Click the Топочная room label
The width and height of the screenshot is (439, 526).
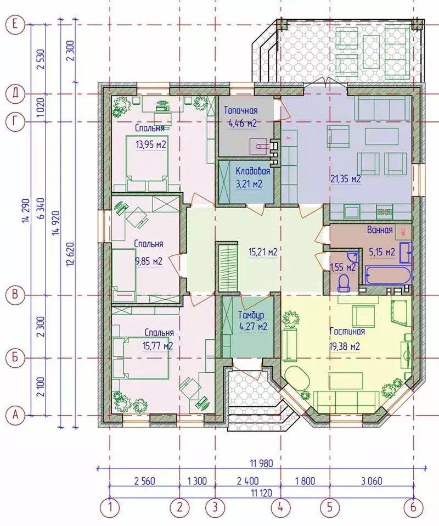[x=240, y=110]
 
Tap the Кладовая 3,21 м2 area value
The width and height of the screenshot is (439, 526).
[x=249, y=184]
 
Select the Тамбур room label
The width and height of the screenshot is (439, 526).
[x=251, y=315]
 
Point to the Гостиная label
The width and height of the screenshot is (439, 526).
[x=347, y=331]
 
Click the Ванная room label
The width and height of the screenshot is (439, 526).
[x=380, y=230]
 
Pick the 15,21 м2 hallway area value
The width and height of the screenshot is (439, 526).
[x=263, y=251]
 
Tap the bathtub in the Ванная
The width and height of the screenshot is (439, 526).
[x=387, y=275]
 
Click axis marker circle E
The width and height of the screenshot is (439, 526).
[x=15, y=25]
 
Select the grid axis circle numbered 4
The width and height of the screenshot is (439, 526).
[x=281, y=507]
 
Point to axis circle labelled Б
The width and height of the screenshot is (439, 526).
[x=15, y=358]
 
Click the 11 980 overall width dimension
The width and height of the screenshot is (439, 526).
[x=262, y=463]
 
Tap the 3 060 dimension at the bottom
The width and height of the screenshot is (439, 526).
[x=372, y=481]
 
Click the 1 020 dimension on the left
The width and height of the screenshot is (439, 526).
[x=41, y=108]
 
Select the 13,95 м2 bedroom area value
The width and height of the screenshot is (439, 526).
[x=151, y=144]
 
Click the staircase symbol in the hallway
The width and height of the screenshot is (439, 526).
[x=228, y=268]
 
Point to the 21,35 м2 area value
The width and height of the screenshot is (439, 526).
[x=346, y=179]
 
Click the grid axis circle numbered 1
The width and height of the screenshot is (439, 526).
[x=110, y=507]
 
